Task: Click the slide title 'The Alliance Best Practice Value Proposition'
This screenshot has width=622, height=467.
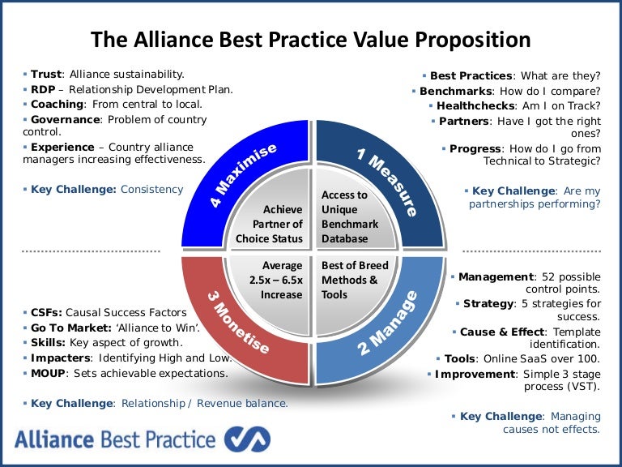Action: (x=311, y=40)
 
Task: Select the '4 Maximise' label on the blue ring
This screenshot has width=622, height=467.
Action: (x=244, y=174)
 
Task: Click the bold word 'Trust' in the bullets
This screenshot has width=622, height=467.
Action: (x=46, y=74)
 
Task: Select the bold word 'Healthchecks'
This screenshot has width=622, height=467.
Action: (x=475, y=106)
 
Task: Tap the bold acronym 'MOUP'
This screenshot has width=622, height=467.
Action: (x=49, y=373)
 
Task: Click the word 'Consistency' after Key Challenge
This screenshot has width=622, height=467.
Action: (x=151, y=189)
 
